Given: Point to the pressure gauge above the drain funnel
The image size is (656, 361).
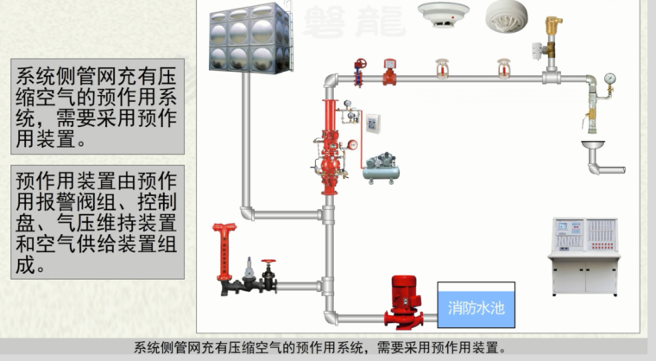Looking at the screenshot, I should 609,81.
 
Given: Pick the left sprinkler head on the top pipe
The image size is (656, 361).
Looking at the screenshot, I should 443,67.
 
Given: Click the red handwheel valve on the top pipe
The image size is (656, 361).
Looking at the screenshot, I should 361,68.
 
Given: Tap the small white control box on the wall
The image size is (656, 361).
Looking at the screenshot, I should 373,124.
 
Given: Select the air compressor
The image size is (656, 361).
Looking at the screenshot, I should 381,167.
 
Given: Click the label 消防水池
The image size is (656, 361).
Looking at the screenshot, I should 475,306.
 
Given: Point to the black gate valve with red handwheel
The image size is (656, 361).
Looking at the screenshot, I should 269,277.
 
